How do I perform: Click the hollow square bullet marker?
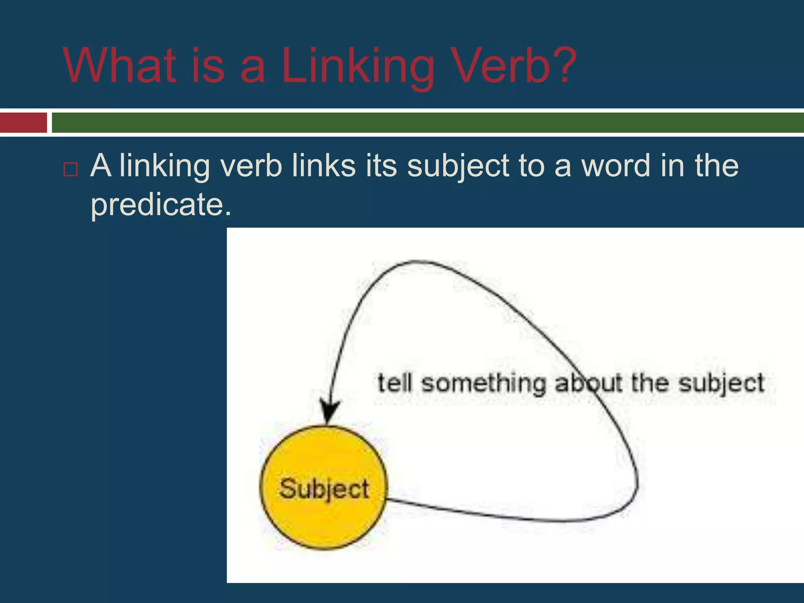[71, 169]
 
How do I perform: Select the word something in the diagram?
[484, 384]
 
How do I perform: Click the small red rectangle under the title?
[23, 122]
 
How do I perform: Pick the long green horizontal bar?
[428, 122]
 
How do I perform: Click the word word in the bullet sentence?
[616, 166]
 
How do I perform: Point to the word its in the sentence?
[381, 166]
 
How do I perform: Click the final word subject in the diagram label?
[721, 384]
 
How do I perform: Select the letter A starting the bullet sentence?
[100, 166]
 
